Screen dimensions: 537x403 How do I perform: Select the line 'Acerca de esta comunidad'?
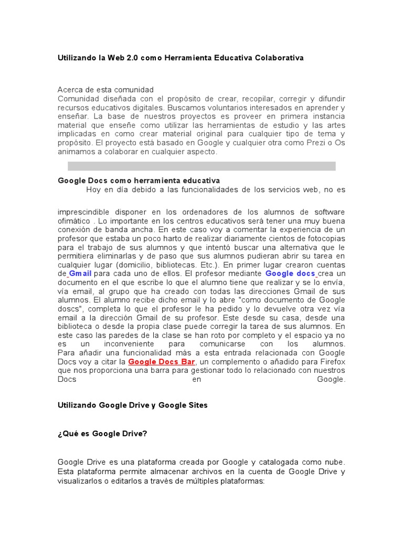click(105, 90)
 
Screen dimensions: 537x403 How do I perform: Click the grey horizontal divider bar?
click(201, 166)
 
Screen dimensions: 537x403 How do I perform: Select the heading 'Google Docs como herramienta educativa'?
click(139, 180)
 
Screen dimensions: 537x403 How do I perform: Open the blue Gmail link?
click(80, 274)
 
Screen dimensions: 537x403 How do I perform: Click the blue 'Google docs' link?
click(290, 274)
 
